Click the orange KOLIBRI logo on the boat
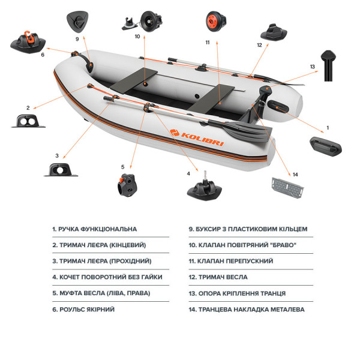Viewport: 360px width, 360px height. point(197,137)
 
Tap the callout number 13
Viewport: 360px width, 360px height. point(312,67)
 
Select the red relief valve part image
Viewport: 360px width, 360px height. point(215,22)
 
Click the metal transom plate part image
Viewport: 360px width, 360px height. point(287,188)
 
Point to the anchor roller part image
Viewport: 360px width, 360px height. point(28,42)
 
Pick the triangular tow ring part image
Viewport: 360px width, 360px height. point(77,22)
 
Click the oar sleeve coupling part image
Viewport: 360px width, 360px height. point(127,185)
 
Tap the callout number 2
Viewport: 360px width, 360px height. point(28,107)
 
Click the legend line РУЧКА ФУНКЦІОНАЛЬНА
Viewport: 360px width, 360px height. point(94,229)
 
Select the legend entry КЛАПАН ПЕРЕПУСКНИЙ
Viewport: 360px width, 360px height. point(231,261)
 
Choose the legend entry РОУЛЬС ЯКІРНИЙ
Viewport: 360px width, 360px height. point(83,309)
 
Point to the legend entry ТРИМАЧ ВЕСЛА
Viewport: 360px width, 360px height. point(218,277)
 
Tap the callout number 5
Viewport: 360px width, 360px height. point(122,167)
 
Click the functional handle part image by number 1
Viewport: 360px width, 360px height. point(326,146)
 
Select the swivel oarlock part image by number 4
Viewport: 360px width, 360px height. point(205,187)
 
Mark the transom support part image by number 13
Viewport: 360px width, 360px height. point(328,65)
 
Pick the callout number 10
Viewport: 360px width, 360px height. point(137,37)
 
